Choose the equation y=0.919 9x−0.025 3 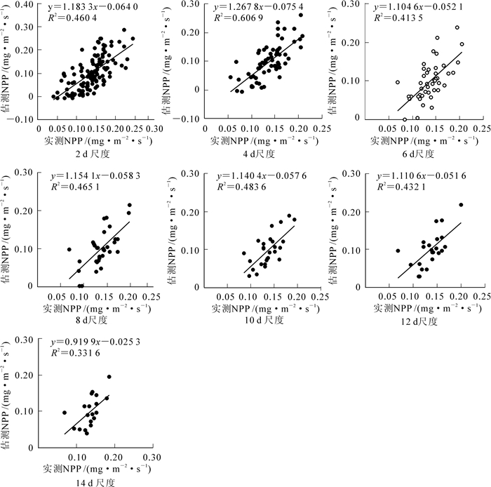click(x=90, y=342)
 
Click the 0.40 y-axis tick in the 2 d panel click(x=26, y=4)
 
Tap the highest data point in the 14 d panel click(x=109, y=377)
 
